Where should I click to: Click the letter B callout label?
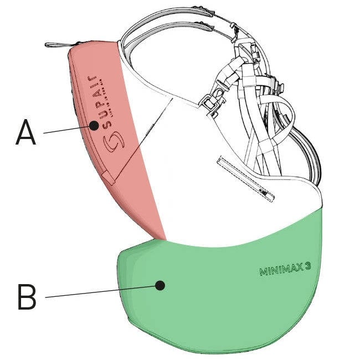[27, 297]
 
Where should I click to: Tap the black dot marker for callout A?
[94, 126]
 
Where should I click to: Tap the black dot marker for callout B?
[161, 286]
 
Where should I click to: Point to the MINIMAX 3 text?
[285, 269]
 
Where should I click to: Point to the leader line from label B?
[100, 291]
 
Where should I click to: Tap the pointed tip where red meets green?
[166, 239]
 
